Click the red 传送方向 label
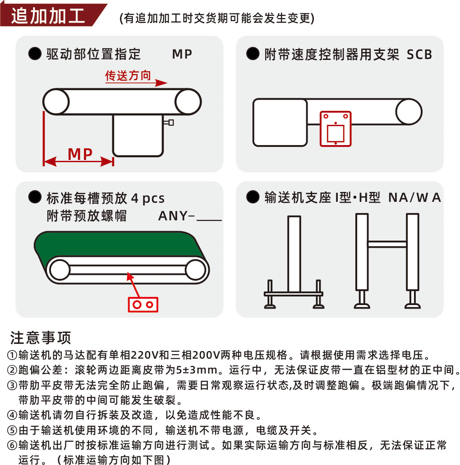(128, 75)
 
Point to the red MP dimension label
(80, 154)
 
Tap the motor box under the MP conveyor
(138, 135)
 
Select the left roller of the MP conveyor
(56, 102)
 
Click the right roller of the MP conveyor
(188, 102)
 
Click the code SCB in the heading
(419, 55)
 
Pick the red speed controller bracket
(336, 129)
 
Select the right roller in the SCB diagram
(409, 111)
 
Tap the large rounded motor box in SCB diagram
(280, 123)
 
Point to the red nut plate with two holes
(143, 305)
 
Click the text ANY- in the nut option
(176, 216)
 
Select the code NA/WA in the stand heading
(414, 197)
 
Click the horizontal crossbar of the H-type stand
(387, 244)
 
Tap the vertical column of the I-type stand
(294, 254)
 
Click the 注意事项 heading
(41, 337)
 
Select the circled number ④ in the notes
(12, 415)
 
